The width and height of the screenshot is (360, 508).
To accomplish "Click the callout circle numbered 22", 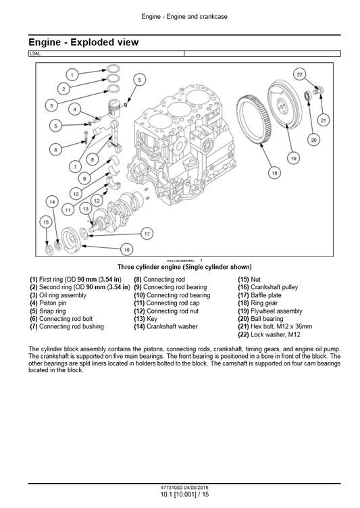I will coord(300,74).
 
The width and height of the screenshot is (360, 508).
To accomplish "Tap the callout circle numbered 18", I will coord(274,173).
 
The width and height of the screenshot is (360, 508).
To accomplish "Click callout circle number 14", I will coord(52,201).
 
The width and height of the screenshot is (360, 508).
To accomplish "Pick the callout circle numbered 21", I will coord(324,120).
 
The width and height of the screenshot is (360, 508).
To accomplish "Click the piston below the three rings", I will coord(115,111).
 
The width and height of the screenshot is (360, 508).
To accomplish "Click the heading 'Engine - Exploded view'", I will coord(84,43).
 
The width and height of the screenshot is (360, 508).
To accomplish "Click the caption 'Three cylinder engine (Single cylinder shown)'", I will coord(180,267).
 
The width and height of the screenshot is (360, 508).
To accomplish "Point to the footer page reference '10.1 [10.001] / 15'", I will coord(180,494).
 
